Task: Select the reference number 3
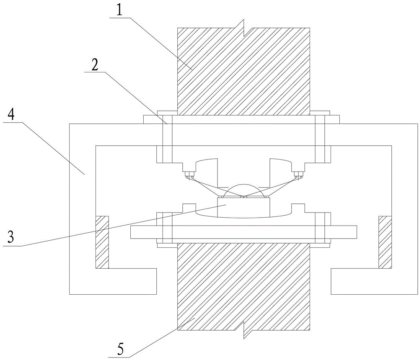point(11,237)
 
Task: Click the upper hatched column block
point(243,71)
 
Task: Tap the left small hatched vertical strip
point(102,242)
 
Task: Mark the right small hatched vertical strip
point(385,242)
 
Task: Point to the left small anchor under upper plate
point(190,175)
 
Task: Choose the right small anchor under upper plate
point(298,175)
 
